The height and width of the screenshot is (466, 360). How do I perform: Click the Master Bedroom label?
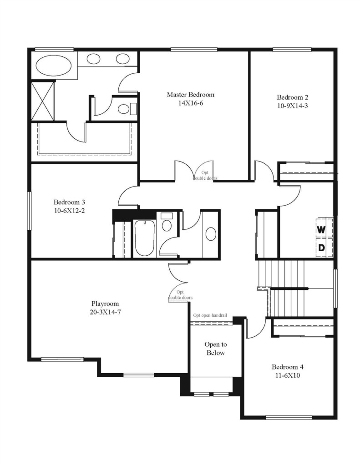tap(190, 95)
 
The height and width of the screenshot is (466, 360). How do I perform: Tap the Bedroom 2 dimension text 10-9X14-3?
tap(293, 106)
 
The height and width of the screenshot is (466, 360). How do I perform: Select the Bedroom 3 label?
tap(69, 202)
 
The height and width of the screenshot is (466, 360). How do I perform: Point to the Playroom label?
tap(105, 304)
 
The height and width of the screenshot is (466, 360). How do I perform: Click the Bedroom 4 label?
tap(288, 367)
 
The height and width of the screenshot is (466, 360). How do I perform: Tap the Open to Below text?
tap(216, 349)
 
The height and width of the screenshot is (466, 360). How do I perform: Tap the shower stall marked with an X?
tap(43, 101)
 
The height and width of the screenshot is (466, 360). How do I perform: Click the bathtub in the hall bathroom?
tap(144, 238)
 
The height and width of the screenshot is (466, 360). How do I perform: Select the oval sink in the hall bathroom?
tap(211, 233)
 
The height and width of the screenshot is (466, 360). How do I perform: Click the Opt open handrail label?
tap(210, 315)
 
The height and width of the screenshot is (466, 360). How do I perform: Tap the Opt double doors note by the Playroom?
tap(180, 295)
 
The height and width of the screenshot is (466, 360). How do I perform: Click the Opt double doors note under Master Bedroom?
tap(205, 175)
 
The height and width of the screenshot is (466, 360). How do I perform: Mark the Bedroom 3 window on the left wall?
tap(30, 211)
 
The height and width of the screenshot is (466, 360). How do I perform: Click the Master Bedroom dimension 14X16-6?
tap(191, 103)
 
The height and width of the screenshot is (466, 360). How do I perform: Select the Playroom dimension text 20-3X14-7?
tap(105, 312)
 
